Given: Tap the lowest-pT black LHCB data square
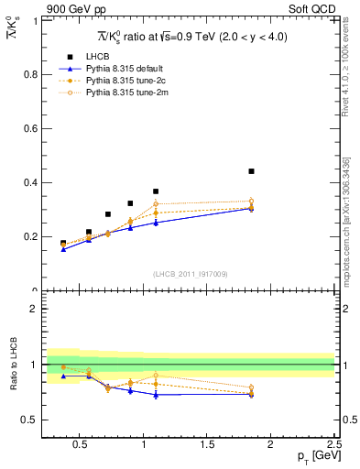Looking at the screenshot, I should [63, 244].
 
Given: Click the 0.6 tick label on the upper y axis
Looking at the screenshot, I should [30, 128].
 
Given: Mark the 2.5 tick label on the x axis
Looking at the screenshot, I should [333, 446].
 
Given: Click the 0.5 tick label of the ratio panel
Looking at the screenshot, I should [30, 420].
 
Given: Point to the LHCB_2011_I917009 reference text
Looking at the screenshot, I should [190, 274].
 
